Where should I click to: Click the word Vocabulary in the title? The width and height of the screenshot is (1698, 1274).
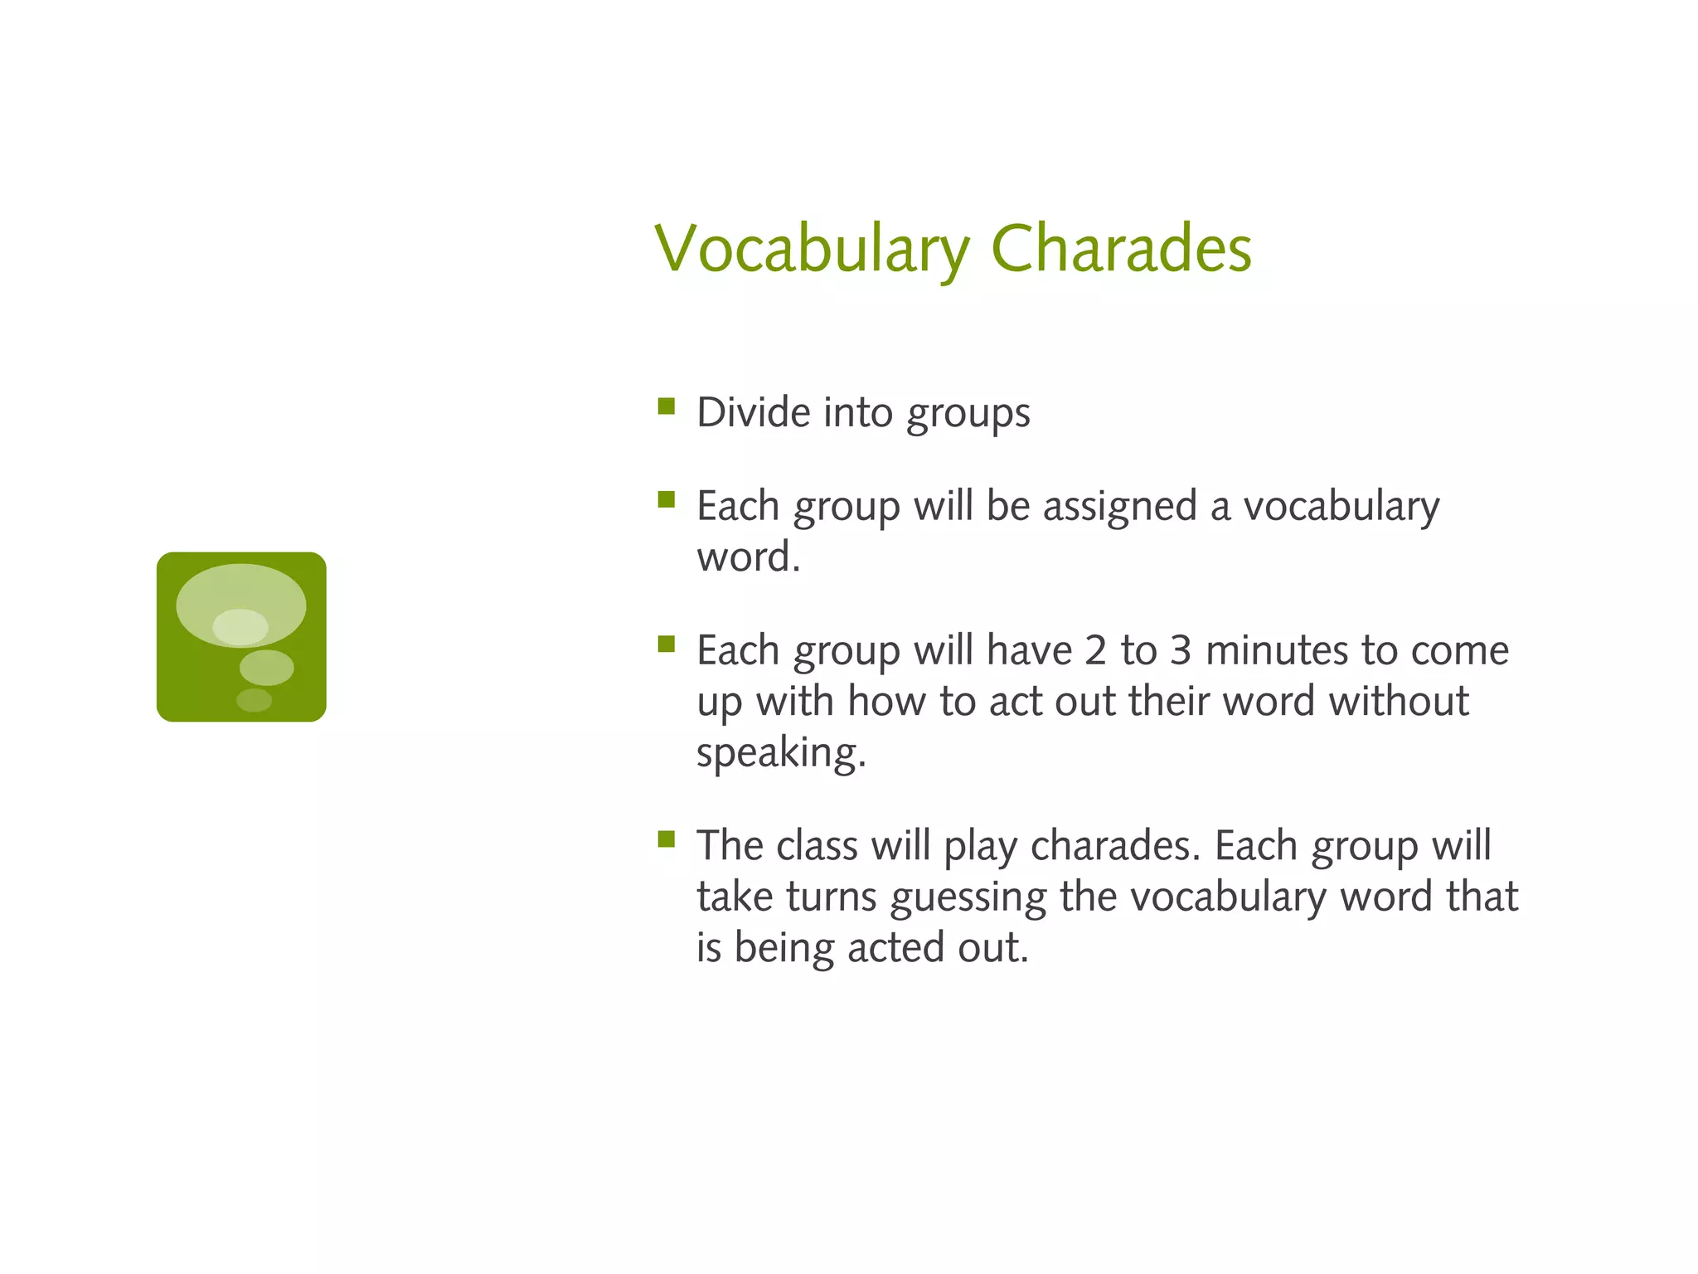tap(811, 249)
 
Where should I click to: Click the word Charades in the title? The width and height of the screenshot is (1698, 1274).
tap(1121, 249)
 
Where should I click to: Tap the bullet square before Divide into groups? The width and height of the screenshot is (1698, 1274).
tap(666, 406)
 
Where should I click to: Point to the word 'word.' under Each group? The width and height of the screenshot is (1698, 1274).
tap(748, 557)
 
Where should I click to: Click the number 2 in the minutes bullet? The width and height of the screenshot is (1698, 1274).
tap(1095, 650)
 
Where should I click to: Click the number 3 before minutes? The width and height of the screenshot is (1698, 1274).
tap(1181, 650)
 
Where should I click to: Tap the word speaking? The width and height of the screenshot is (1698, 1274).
tap(780, 753)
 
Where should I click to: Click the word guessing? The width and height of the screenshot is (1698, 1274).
tap(968, 897)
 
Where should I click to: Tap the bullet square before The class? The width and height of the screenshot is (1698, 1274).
tap(666, 839)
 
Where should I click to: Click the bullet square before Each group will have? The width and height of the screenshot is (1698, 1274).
tap(666, 644)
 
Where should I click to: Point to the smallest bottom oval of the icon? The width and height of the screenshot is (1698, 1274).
tap(254, 700)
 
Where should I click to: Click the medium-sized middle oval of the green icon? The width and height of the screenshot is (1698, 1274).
tap(266, 668)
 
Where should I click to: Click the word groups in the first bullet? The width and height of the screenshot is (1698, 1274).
tap(968, 414)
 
